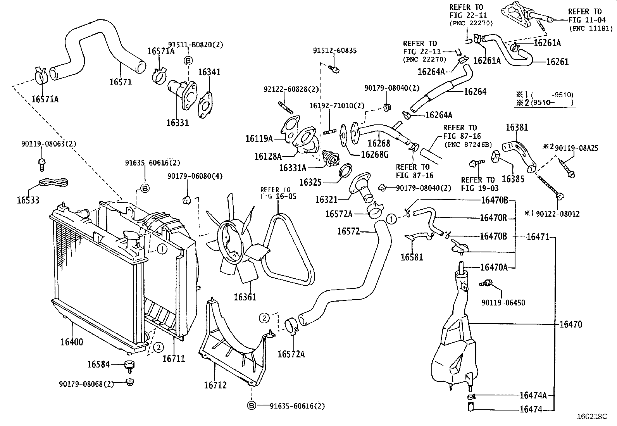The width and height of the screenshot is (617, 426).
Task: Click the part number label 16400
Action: coord(72,342)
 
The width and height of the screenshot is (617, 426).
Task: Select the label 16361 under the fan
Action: coord(245,297)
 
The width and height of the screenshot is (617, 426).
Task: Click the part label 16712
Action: coord(215,385)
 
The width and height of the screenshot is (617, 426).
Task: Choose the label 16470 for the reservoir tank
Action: coord(570,324)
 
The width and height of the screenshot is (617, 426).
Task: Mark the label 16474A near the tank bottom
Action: coord(533,395)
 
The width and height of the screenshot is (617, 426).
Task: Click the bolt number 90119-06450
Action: coord(503,302)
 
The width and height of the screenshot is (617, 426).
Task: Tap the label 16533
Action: coord(28,200)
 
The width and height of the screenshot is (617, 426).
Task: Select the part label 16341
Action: coord(209,72)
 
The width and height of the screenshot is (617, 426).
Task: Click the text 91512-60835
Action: coord(335,51)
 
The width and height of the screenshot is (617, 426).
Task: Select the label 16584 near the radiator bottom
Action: coord(98,364)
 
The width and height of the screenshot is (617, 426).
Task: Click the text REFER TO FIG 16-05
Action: coord(278,193)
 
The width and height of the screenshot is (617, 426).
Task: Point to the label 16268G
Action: coord(374,154)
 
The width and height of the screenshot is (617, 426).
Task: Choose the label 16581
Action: coord(412,257)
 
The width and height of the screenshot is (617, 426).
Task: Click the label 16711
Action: coord(174,359)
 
